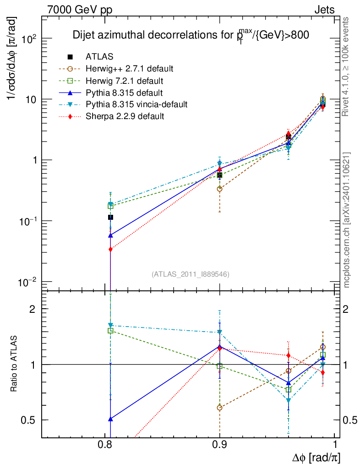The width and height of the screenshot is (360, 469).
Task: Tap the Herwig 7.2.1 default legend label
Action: pos(125,81)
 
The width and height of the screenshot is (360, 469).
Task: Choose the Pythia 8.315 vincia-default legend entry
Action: pos(136,104)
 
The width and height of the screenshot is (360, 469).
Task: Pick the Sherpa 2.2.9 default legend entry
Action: pos(125,116)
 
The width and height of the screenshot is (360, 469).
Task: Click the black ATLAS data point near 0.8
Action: pos(110,217)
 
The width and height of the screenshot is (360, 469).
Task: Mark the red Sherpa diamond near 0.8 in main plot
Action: pos(110,249)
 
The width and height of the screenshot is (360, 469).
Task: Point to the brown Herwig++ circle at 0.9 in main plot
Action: pos(220,189)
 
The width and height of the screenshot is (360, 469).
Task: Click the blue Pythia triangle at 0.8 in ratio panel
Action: pos(110,419)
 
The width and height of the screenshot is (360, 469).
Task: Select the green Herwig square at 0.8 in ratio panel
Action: pos(110,330)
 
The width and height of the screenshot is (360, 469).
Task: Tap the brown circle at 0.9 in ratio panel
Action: pos(220,407)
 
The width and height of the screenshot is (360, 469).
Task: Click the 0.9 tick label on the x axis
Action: pos(220,445)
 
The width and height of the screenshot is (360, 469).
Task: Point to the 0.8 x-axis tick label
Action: pos(105,445)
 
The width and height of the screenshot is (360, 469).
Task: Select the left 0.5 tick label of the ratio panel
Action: pos(29,420)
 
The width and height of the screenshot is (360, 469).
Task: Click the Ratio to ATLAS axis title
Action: pos(15,364)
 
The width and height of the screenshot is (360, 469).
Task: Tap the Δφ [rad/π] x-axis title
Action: pos(316,458)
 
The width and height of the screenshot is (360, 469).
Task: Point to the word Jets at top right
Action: pos(325,10)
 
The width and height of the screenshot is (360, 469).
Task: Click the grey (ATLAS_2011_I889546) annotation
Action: pos(191,274)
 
